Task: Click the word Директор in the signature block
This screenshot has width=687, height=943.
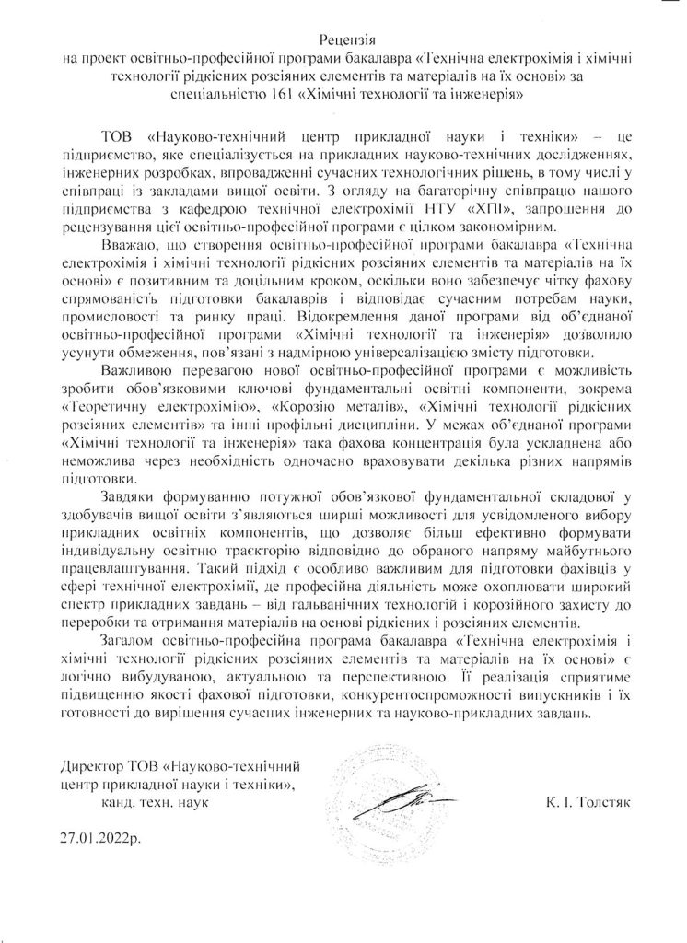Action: pyautogui.click(x=93, y=766)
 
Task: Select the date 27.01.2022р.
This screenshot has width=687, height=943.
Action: pyautogui.click(x=102, y=841)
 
